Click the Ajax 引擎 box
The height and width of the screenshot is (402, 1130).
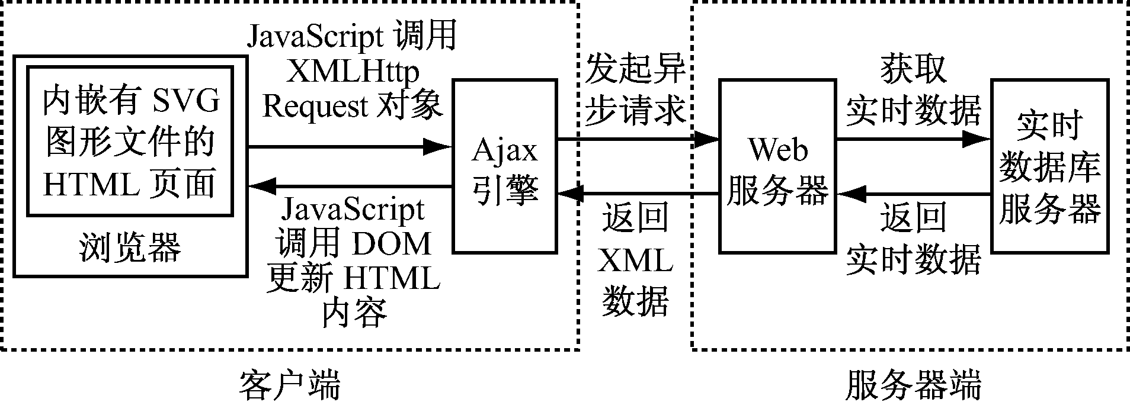(504, 166)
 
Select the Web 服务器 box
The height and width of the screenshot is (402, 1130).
(777, 166)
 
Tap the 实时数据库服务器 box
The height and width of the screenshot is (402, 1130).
(1049, 166)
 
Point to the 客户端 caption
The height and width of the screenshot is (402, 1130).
(290, 385)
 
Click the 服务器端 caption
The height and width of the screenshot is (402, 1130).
(913, 385)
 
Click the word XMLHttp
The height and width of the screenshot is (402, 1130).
(352, 72)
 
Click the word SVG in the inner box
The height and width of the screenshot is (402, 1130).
(186, 102)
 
